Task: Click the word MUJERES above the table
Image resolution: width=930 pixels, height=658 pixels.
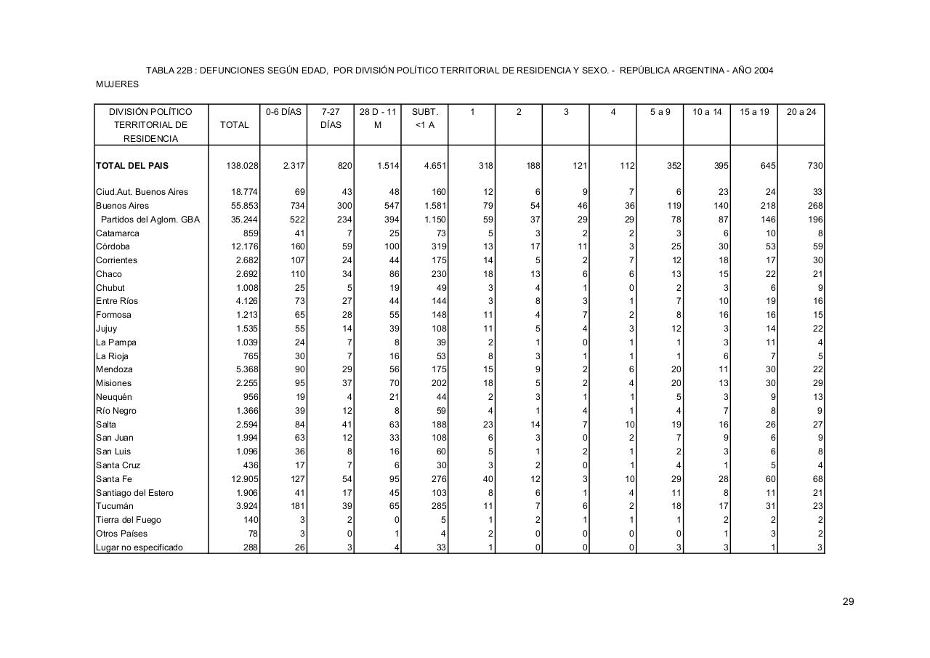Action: tap(117, 84)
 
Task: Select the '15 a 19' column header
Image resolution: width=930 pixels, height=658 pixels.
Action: tap(753, 112)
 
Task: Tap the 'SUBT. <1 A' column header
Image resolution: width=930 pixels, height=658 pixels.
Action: tap(424, 119)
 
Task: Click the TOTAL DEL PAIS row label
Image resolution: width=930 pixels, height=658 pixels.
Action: tap(132, 166)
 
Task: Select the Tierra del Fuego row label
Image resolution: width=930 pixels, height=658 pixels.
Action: tap(129, 520)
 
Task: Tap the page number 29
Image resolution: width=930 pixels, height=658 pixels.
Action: tap(848, 601)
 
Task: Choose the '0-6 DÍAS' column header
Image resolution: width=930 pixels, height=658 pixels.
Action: tap(283, 112)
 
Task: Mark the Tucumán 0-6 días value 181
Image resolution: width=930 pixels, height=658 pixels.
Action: tap(296, 506)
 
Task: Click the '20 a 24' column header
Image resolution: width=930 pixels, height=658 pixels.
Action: tap(801, 112)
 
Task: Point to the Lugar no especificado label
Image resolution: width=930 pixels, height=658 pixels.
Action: tap(139, 547)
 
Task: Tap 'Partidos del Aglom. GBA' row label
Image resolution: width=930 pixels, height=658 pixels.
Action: tap(150, 220)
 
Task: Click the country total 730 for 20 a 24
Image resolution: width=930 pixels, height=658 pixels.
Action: tap(814, 166)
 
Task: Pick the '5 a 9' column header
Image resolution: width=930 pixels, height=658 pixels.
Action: tap(660, 112)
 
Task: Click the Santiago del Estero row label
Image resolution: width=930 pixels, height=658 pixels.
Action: tap(135, 493)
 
